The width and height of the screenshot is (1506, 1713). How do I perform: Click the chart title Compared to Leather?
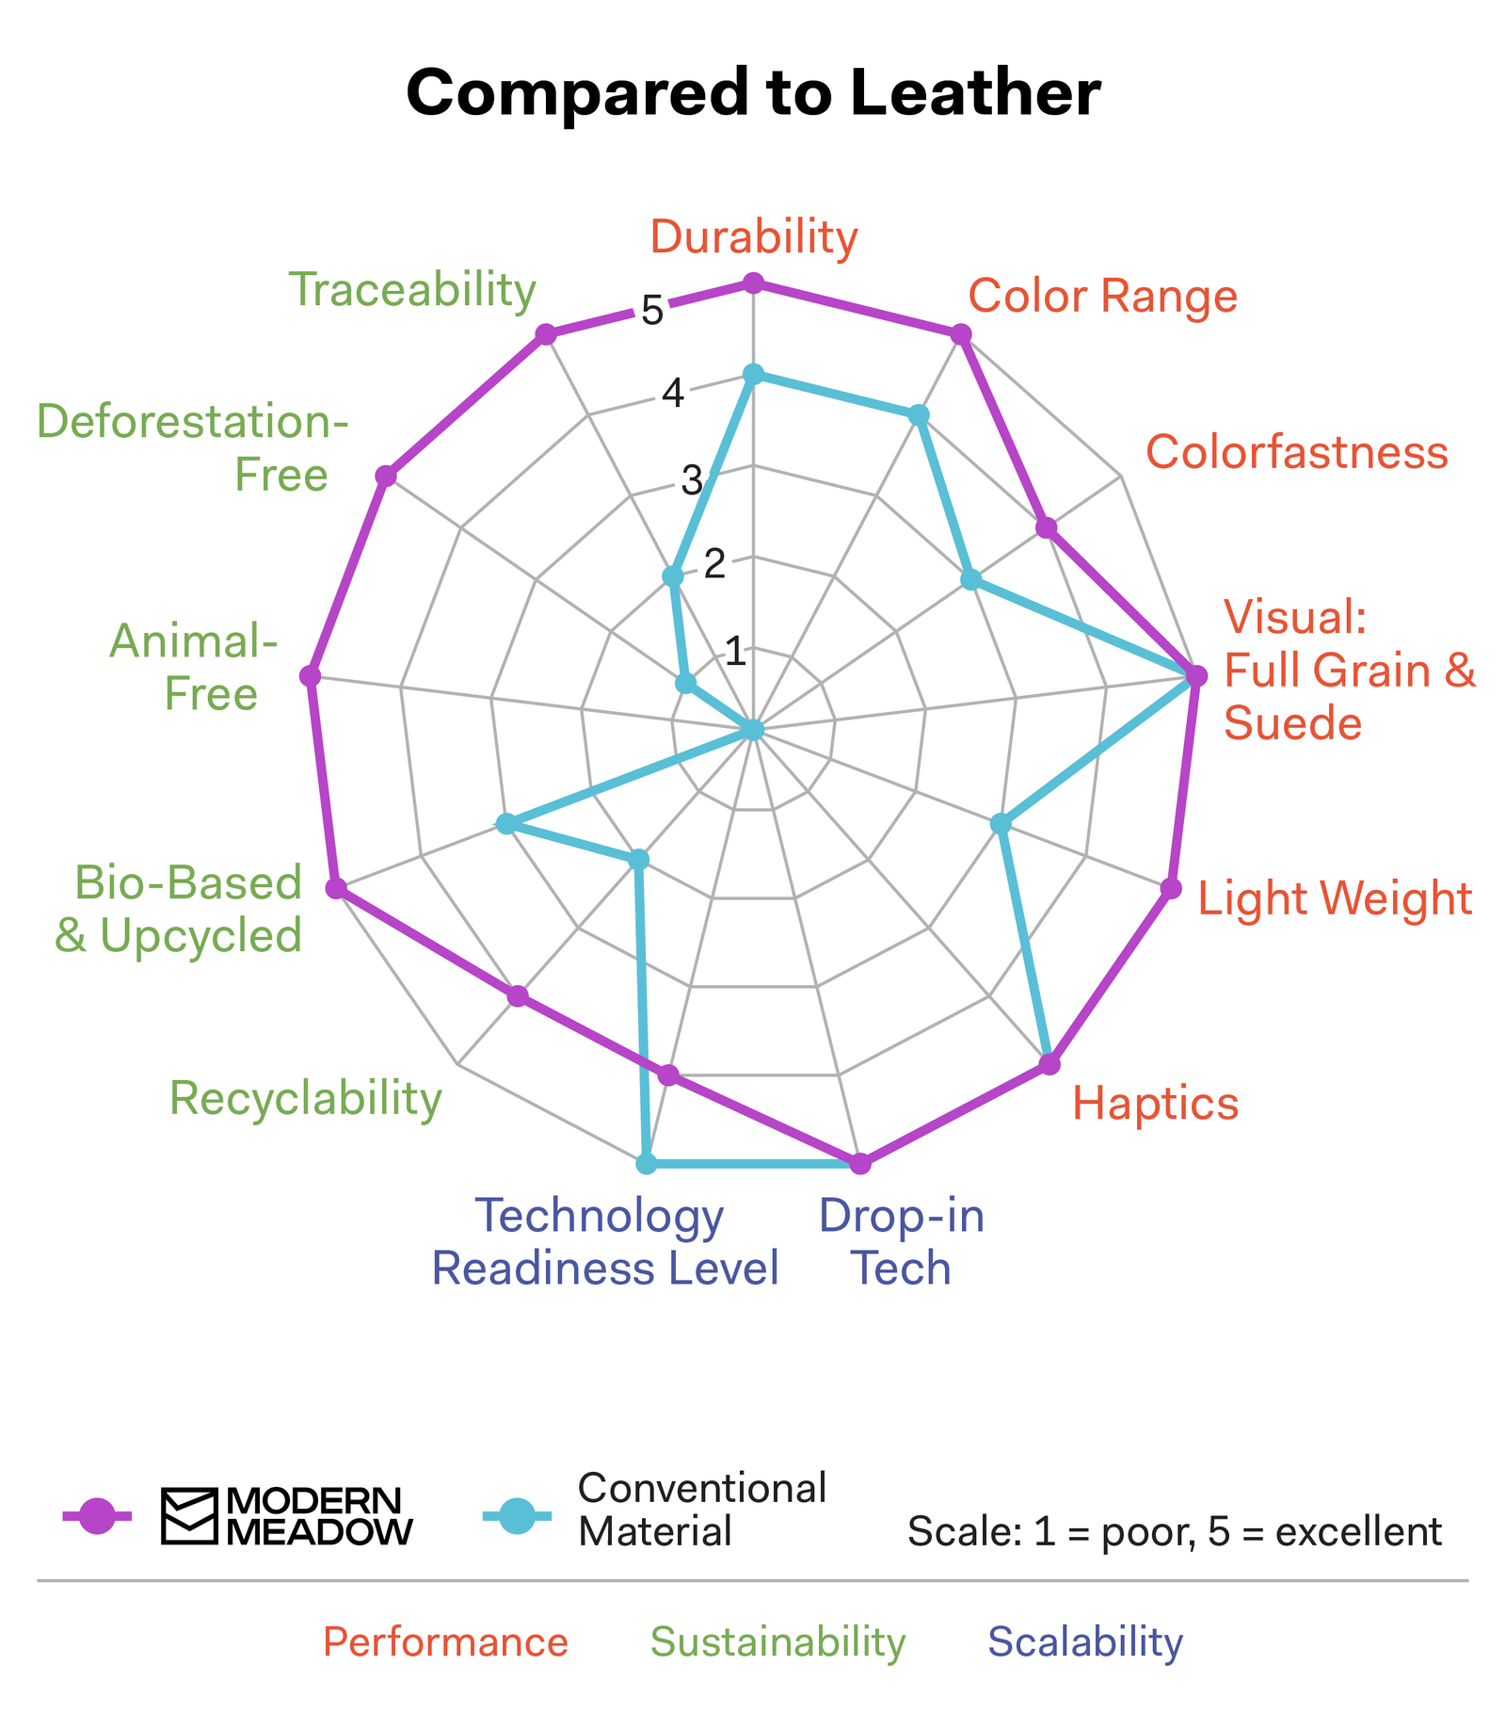[753, 94]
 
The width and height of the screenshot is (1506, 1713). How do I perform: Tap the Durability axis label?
[754, 237]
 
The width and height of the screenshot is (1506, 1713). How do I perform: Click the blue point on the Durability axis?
[752, 374]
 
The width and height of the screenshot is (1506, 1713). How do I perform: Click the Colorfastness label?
[1296, 453]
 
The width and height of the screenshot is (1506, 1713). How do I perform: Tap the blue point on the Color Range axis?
[919, 415]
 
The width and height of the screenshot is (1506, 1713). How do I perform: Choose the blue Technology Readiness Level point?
[646, 1164]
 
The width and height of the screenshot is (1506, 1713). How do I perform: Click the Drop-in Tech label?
[902, 1242]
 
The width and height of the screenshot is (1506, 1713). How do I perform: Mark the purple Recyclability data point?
[517, 996]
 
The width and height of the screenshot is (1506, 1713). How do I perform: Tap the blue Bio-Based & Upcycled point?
[505, 825]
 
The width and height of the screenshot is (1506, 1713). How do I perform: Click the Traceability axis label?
[412, 290]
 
